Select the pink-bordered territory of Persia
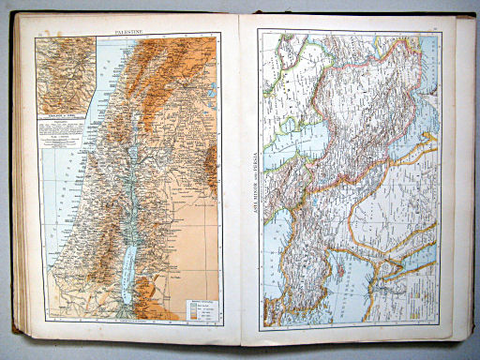coord(375,122)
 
